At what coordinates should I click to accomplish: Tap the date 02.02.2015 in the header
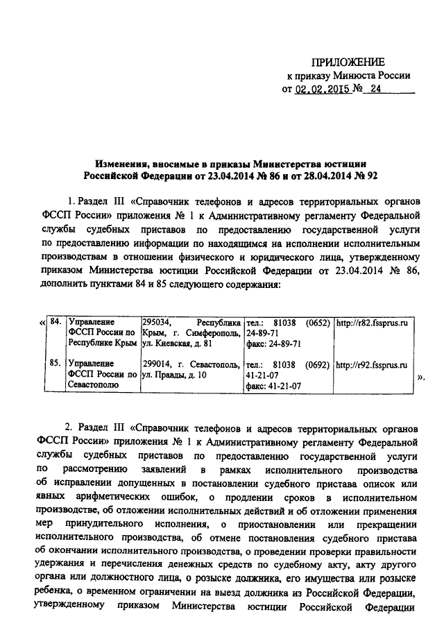(321, 90)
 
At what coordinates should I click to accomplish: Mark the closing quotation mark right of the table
(420, 378)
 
